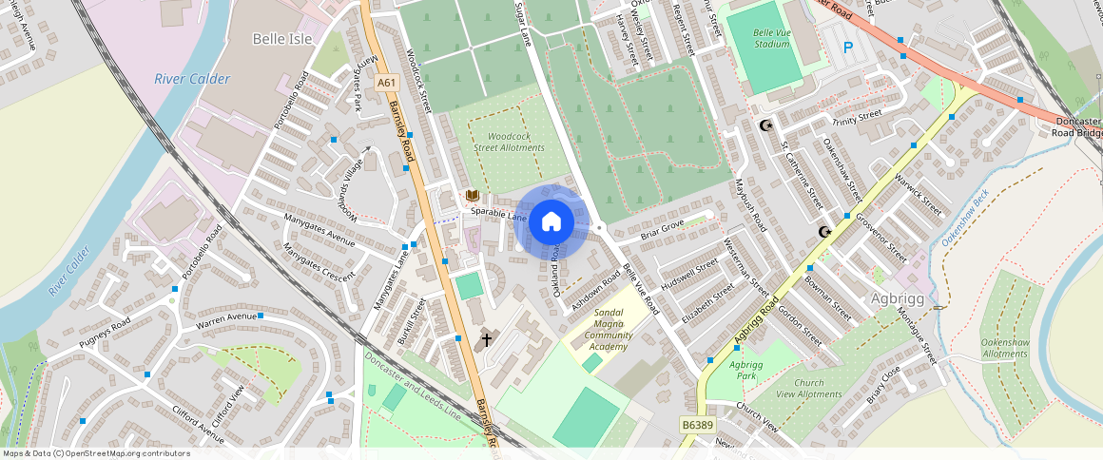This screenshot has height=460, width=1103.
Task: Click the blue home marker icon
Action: [551, 222]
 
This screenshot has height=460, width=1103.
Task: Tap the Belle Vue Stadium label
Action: [771, 37]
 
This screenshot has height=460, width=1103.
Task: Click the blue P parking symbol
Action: [848, 47]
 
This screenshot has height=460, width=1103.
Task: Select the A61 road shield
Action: [385, 83]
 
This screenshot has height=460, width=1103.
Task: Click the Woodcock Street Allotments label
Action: [509, 142]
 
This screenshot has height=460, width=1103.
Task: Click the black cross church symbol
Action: [487, 338]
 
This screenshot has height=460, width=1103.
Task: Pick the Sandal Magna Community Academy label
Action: [608, 329]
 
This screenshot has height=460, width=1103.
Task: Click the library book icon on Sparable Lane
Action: [472, 195]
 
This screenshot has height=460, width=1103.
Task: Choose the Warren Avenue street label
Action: [227, 316]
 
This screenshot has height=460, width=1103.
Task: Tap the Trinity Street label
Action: [858, 119]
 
